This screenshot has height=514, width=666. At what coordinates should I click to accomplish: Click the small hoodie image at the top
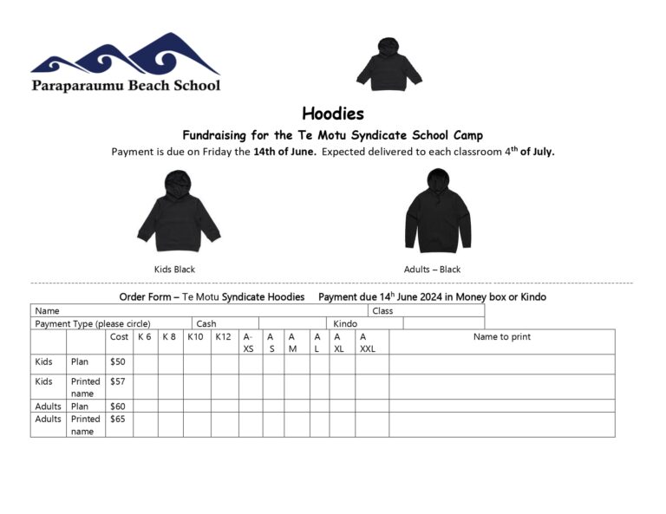tap(388, 64)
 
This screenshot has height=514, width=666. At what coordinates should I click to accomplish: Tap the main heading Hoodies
tap(333, 114)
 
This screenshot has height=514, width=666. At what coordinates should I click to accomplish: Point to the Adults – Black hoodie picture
tap(437, 211)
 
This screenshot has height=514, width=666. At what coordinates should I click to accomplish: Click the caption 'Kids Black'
tap(174, 270)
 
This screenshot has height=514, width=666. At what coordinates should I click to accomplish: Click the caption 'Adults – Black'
tap(432, 270)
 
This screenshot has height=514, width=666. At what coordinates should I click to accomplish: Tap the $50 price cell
tap(117, 361)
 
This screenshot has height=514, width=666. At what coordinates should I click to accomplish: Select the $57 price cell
tap(117, 381)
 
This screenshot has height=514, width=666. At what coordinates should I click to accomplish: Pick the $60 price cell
tap(117, 406)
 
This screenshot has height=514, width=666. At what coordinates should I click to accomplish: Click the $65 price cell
tap(117, 420)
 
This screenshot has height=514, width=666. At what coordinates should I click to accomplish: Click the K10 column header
tap(196, 337)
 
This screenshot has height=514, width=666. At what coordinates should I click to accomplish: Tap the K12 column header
tap(223, 337)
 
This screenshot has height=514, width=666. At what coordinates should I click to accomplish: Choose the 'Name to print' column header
tap(501, 337)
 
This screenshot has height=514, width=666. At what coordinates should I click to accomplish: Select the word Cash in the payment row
tap(206, 323)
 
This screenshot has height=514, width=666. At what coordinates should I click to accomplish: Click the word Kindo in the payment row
tap(345, 323)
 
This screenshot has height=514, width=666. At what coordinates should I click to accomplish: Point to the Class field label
tap(382, 310)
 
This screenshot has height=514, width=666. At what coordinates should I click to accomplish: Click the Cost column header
tap(120, 337)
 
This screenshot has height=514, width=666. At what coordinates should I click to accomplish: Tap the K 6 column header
tap(144, 337)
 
